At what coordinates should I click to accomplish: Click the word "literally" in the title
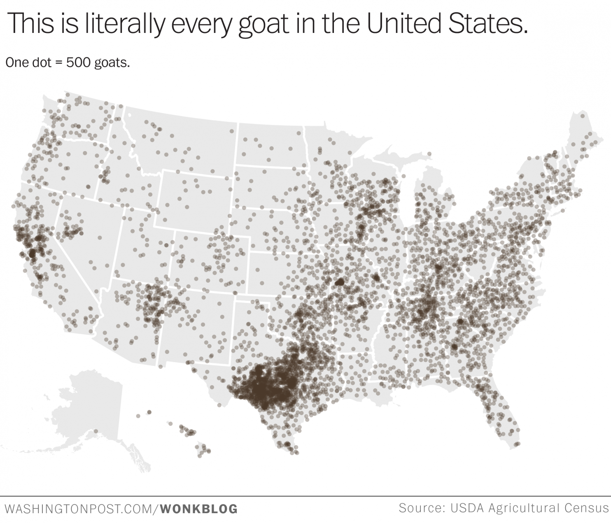pyautogui.click(x=124, y=23)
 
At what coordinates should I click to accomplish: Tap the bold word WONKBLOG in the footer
pyautogui.click(x=199, y=509)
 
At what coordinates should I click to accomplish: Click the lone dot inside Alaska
pyautogui.click(x=96, y=431)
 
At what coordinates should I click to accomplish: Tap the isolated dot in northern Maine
pyautogui.click(x=582, y=116)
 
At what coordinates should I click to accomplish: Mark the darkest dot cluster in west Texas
pyautogui.click(x=259, y=389)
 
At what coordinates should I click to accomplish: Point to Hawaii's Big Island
pyautogui.click(x=203, y=450)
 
